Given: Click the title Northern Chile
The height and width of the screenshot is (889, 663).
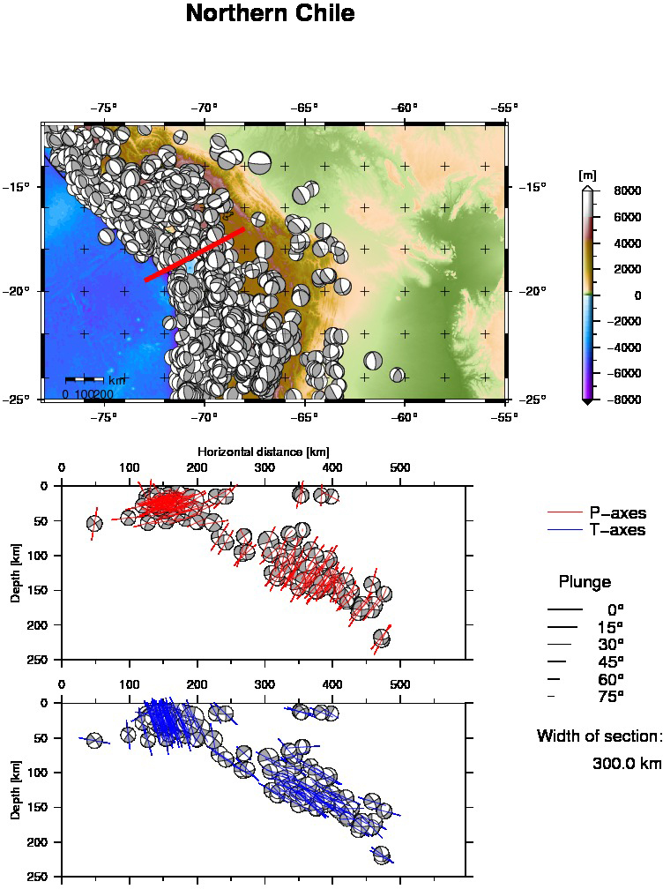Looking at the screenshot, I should click(271, 14).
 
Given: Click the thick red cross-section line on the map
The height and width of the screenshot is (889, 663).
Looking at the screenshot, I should click(194, 255).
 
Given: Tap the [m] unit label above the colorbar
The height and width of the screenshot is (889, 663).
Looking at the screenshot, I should click(587, 176).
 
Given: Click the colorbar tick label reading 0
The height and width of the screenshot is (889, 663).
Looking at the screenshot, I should click(637, 295).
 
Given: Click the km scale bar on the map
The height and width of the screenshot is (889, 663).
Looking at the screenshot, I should click(88, 380).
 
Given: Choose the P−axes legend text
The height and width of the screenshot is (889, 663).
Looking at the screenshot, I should click(617, 513).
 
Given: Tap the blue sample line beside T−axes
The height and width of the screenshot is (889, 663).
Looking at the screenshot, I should click(565, 530).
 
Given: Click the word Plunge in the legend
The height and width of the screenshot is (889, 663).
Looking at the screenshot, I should click(585, 582).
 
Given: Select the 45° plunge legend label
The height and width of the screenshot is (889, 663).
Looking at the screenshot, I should click(609, 661).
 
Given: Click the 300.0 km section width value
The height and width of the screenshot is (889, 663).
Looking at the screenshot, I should click(626, 764).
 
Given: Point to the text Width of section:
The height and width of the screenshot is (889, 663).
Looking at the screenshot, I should click(599, 736).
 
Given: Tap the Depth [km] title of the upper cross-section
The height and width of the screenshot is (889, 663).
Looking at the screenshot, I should click(16, 572).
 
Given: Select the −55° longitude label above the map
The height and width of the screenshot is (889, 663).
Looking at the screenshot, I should click(504, 108).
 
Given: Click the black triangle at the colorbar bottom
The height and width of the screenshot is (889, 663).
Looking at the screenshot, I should click(587, 402).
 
